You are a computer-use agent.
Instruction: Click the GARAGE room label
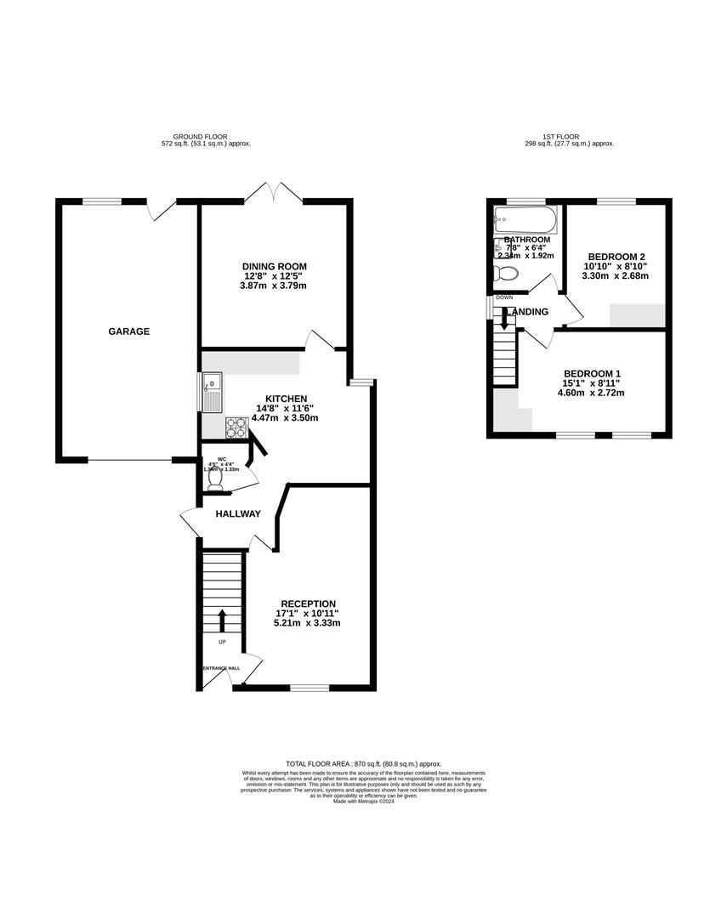pos(128,331)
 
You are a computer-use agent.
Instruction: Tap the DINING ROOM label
pos(272,266)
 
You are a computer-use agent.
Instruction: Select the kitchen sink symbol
pos(211,392)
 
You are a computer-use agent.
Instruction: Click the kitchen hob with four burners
pos(236,428)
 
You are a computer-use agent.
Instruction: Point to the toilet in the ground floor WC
pos(215,479)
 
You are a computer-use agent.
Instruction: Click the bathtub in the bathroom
pos(525,222)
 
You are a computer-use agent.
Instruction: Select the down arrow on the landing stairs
pos(504,318)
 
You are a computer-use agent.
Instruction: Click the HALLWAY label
pos(237,514)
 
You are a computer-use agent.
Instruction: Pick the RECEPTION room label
pos(309,603)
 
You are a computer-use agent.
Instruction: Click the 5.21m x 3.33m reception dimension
pos(309,623)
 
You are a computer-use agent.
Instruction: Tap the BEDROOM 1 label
pos(593,373)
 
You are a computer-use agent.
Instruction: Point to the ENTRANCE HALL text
pos(221,668)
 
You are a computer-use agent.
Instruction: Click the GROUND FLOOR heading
pos(206,136)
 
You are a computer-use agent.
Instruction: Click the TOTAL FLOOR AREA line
pos(363,764)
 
